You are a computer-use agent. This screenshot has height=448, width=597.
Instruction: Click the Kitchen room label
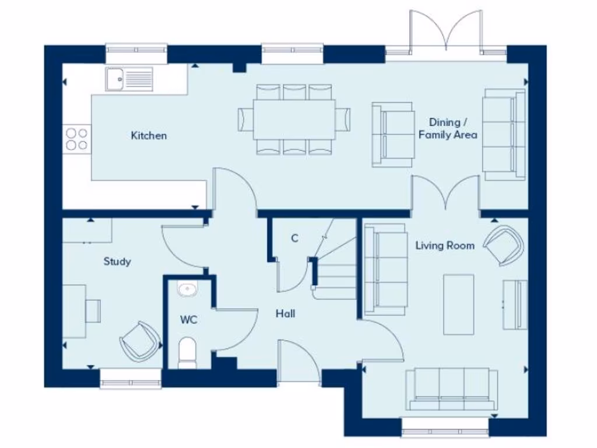tap(149, 136)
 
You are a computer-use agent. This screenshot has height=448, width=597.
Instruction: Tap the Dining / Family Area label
tap(448, 128)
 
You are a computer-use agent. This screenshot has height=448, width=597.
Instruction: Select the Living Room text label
tap(444, 246)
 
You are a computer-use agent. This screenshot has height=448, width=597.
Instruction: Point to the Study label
tap(117, 261)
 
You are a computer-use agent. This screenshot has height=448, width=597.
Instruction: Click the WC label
tap(188, 320)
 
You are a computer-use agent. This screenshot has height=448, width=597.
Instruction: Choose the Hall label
tap(285, 314)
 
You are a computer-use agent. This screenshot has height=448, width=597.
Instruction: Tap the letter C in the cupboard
tap(294, 238)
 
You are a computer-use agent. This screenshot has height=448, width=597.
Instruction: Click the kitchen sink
tap(128, 78)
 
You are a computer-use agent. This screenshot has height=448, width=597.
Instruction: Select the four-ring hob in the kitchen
tap(76, 139)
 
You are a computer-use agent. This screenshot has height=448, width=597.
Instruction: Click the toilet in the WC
tap(187, 352)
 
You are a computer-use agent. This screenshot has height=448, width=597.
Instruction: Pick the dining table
tap(294, 120)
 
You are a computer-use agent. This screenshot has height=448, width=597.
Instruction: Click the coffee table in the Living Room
tap(458, 304)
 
